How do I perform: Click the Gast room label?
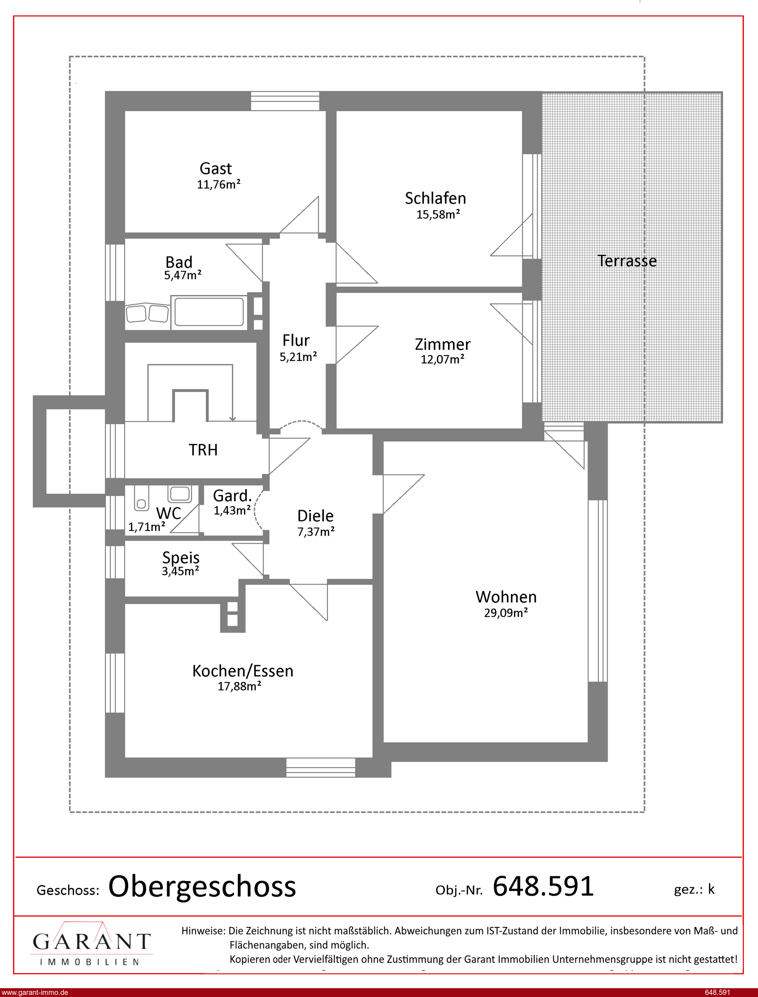(216, 169)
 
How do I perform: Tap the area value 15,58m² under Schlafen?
(438, 215)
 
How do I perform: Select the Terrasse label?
(627, 261)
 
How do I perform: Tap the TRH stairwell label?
(203, 450)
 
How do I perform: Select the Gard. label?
(232, 496)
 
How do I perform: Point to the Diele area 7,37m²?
(316, 532)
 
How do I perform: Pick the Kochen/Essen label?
(243, 671)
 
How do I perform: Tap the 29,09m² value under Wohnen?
(506, 613)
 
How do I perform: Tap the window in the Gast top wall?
(285, 101)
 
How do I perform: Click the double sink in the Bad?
(148, 313)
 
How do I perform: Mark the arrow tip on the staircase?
(232, 419)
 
